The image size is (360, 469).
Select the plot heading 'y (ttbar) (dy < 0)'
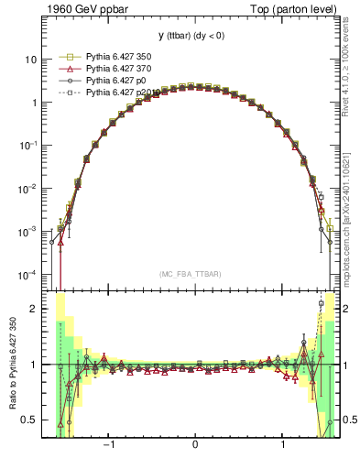pos(194,35)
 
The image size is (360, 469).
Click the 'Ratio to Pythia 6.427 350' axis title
pos(11,364)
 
